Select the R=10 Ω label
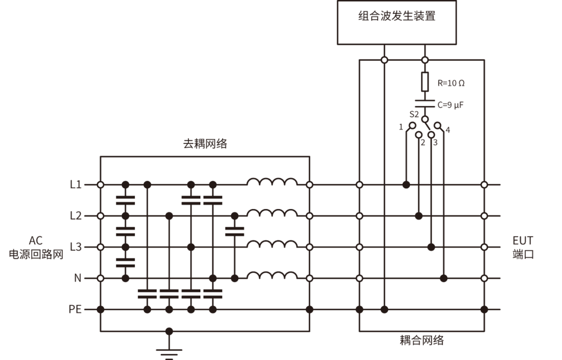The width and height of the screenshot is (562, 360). click(x=451, y=83)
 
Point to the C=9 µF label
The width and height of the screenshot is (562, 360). click(x=451, y=104)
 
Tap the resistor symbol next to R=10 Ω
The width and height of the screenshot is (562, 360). click(x=425, y=82)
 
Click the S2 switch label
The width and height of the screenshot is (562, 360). click(x=415, y=115)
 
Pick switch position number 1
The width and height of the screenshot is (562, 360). click(x=401, y=127)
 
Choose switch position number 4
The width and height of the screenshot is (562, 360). click(x=448, y=130)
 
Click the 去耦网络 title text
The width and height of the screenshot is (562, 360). click(x=205, y=144)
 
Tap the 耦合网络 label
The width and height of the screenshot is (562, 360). click(x=421, y=340)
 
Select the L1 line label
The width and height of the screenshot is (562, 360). click(x=76, y=185)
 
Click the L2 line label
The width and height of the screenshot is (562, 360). click(x=76, y=216)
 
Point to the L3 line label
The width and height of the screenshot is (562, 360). click(x=76, y=247)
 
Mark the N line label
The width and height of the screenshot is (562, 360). click(x=77, y=278)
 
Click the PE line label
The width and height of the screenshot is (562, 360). click(x=75, y=310)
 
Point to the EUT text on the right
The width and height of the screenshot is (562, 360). click(x=522, y=240)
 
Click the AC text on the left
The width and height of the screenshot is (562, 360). click(x=36, y=240)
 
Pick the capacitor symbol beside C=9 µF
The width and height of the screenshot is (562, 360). click(x=425, y=103)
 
